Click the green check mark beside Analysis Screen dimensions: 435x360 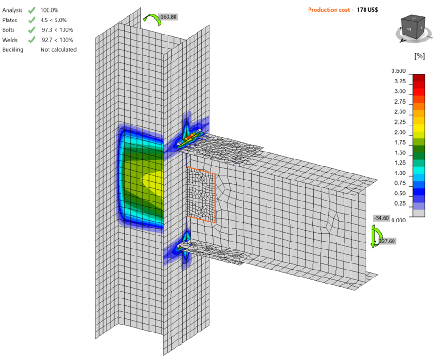pyautogui.click(x=32, y=10)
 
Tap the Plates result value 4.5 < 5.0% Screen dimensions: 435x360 pyautogui.click(x=54, y=20)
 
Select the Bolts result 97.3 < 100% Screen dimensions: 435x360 pyautogui.click(x=57, y=30)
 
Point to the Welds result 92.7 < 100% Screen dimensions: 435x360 pyautogui.click(x=57, y=40)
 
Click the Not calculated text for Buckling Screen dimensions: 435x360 pyautogui.click(x=58, y=49)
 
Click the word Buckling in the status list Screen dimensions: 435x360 pyautogui.click(x=13, y=49)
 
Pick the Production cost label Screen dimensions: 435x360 pyautogui.click(x=329, y=10)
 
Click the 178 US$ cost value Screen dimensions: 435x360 pyautogui.click(x=367, y=10)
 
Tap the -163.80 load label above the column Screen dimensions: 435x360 pyautogui.click(x=168, y=17)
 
